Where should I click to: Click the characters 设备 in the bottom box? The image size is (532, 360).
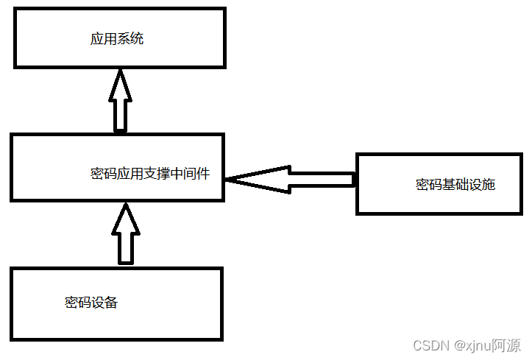tap(104, 302)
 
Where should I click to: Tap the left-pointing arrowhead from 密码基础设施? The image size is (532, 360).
tap(255, 179)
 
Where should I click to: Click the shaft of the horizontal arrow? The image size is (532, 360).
tap(321, 179)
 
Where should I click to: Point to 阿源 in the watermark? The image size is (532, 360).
tap(506, 345)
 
